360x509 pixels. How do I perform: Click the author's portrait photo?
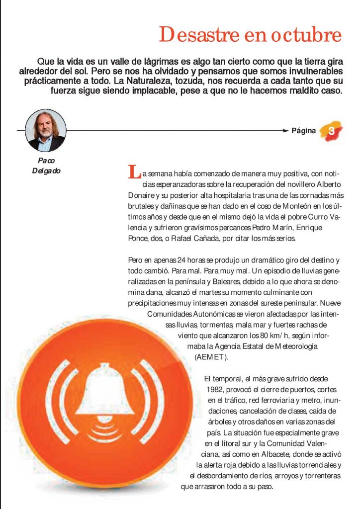[x=46, y=130]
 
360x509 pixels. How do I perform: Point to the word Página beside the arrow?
[x=304, y=131]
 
